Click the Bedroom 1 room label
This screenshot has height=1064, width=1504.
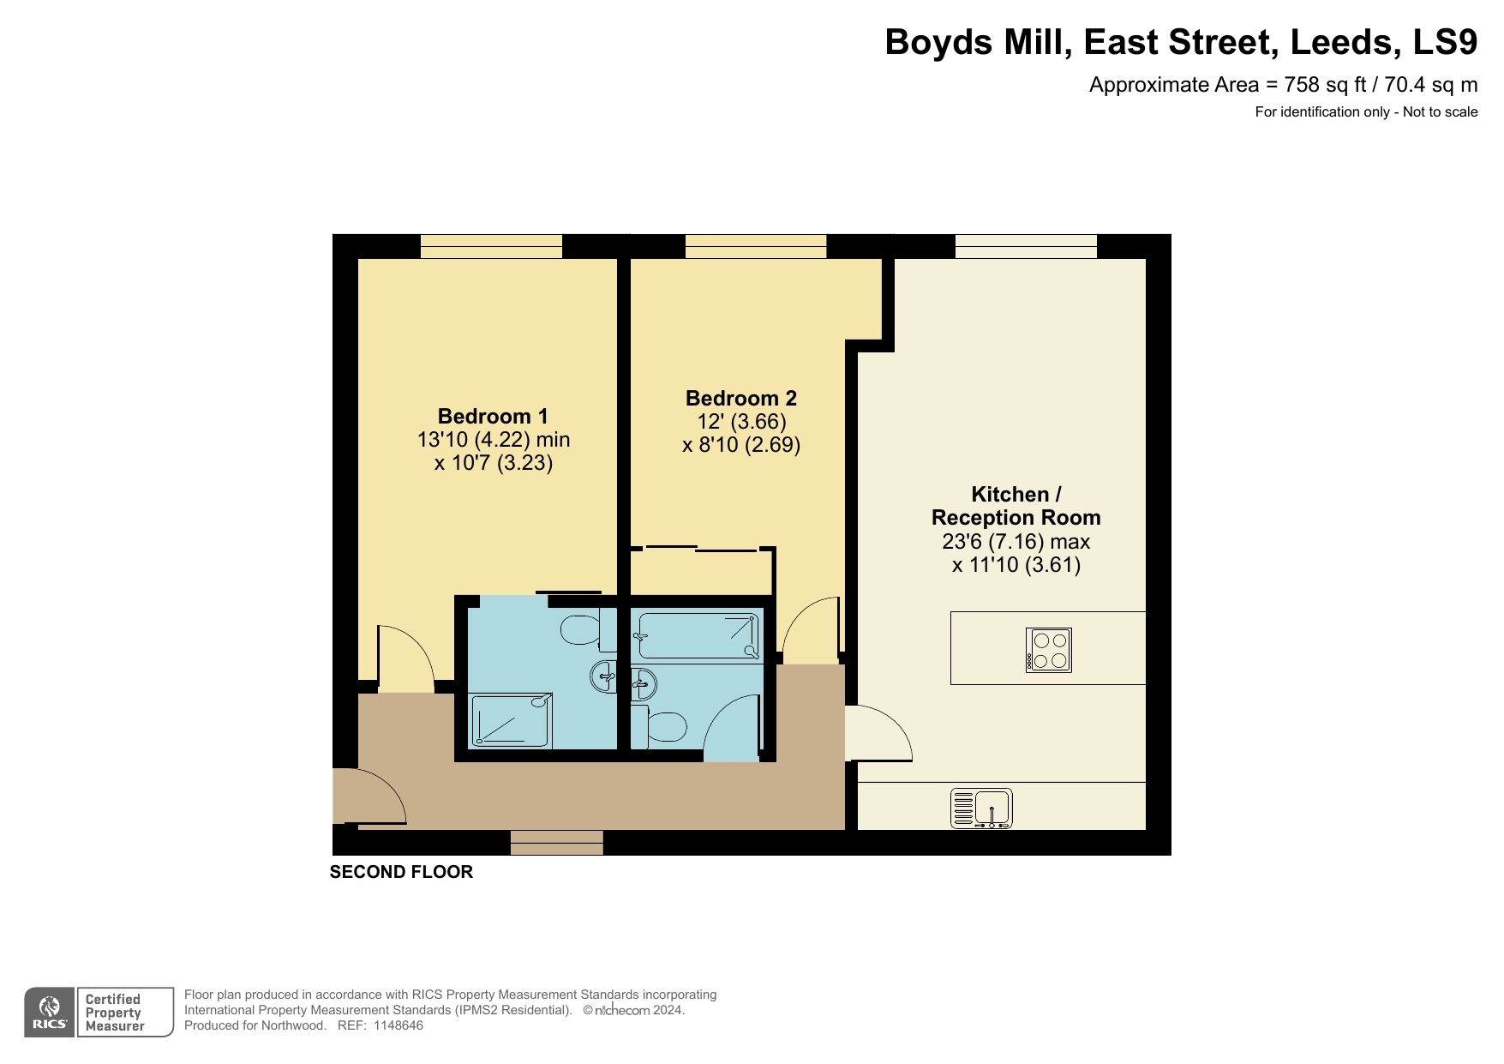click(493, 417)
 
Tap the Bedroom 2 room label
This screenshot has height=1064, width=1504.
click(740, 399)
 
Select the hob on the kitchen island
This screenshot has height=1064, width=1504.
click(1049, 650)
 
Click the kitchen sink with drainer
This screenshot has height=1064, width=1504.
click(981, 809)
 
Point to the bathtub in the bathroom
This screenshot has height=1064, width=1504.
click(697, 635)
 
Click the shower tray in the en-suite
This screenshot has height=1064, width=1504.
click(512, 721)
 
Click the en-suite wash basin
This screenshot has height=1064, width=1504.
click(604, 676)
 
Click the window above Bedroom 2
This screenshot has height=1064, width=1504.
click(756, 246)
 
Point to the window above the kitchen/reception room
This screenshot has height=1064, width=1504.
click(1026, 246)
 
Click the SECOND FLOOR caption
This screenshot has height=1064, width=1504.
click(401, 872)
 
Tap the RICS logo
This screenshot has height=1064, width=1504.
click(50, 1013)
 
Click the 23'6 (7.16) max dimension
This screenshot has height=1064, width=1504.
click(1016, 542)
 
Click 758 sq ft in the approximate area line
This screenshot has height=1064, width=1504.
click(1325, 85)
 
